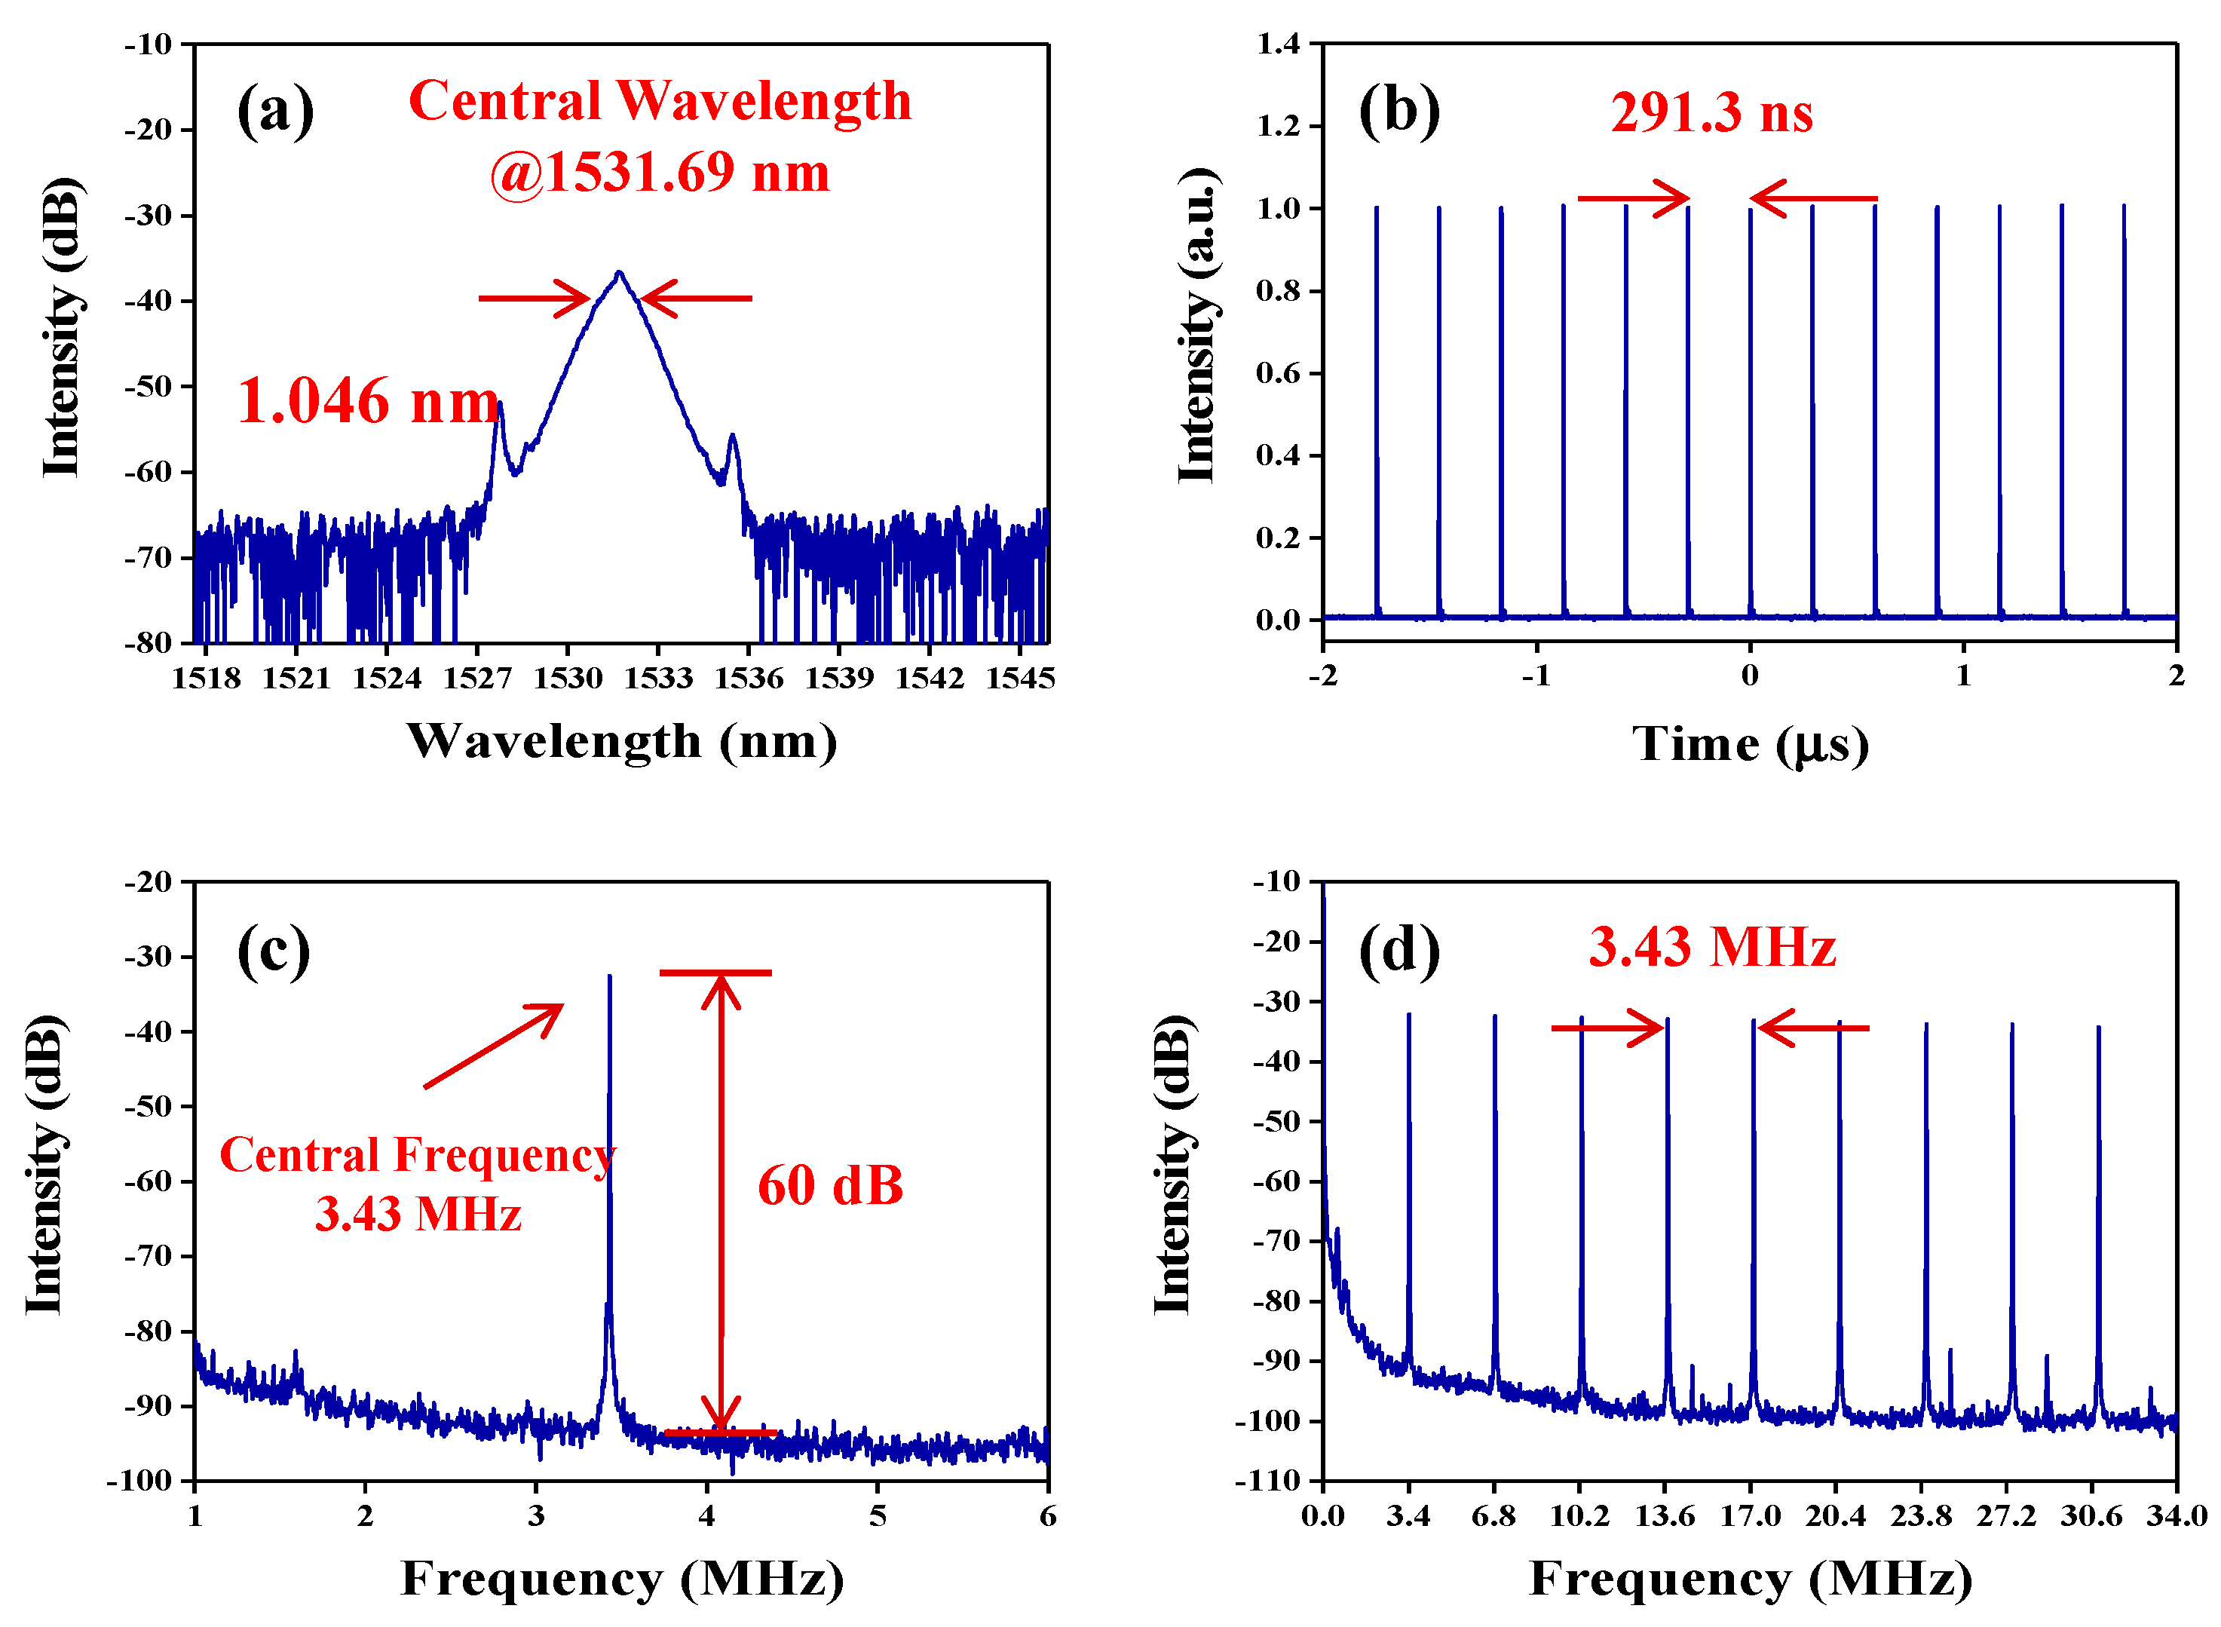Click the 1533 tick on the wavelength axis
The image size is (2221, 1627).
[x=658, y=678]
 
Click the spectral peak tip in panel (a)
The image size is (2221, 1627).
[x=618, y=273]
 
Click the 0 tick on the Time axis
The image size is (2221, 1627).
[x=1749, y=676]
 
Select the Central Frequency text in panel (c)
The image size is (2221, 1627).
[x=417, y=1155]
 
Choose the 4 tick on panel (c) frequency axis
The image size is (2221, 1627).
[x=706, y=1515]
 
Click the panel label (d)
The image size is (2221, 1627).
[x=1398, y=951]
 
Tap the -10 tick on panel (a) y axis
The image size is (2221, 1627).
[x=148, y=44]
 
